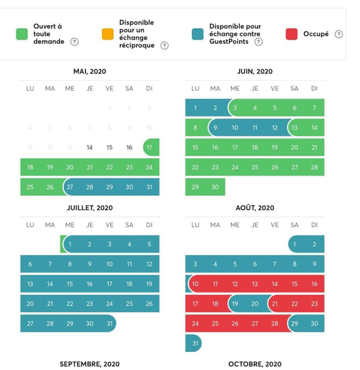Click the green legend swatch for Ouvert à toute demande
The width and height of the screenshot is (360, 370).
tap(22, 34)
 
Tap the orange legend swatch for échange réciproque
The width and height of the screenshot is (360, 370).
tap(108, 34)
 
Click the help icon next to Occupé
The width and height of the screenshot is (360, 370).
tap(338, 34)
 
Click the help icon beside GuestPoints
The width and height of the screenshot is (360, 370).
tap(258, 42)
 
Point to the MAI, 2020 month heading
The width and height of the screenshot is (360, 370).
tap(90, 72)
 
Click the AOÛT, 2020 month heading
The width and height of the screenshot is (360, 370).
tap(255, 208)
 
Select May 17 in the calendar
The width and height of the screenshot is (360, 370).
tap(149, 147)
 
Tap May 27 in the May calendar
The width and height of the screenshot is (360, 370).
tap(70, 187)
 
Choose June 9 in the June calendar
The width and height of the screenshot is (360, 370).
tap(215, 128)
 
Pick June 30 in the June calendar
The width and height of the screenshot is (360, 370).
tap(215, 187)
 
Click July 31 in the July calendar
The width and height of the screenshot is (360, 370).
tap(109, 323)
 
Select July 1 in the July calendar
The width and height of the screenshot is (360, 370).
tap(70, 244)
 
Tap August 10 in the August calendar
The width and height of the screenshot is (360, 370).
tap(195, 284)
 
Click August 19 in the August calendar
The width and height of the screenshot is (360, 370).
tap(235, 304)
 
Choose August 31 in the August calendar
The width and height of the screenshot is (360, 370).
tap(195, 343)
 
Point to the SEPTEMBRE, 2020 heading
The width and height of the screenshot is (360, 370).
tap(90, 364)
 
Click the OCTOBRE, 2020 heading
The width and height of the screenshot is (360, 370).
tap(255, 364)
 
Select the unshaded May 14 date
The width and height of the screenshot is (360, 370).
tap(90, 147)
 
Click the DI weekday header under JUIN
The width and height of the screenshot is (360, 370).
tap(314, 89)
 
